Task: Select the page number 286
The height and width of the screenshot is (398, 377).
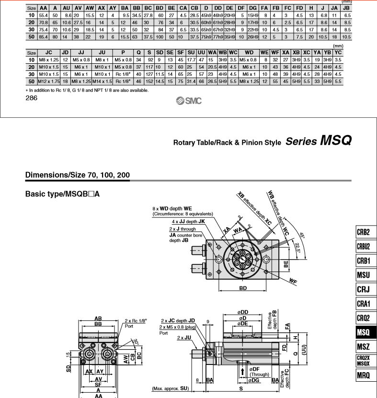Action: [31, 98]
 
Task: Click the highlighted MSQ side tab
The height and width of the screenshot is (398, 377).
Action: [366, 332]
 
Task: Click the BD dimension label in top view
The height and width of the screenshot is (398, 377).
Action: [243, 288]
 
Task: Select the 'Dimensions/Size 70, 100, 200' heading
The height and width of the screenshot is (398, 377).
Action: [78, 175]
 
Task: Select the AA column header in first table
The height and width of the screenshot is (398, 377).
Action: [43, 8]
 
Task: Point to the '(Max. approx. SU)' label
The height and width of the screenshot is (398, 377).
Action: [169, 388]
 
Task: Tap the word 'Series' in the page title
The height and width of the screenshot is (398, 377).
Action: [301, 142]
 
